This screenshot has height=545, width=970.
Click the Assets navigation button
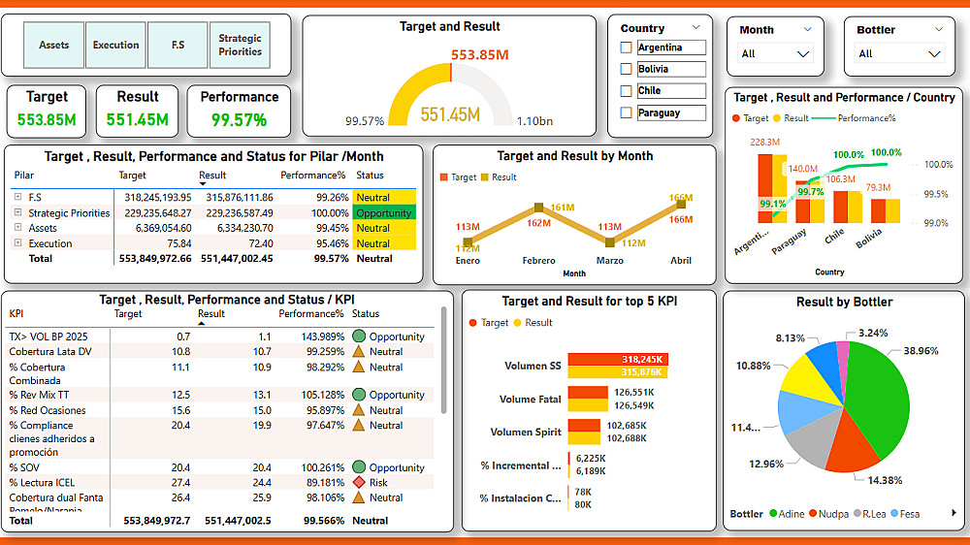pyautogui.click(x=54, y=46)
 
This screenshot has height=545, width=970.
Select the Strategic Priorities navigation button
pyautogui.click(x=240, y=46)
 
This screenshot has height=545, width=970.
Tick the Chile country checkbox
pyautogui.click(x=626, y=91)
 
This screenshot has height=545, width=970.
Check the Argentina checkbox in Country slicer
pyautogui.click(x=626, y=48)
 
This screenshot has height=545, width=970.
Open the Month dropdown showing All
pyautogui.click(x=775, y=54)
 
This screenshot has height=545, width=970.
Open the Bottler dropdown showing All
pyautogui.click(x=892, y=54)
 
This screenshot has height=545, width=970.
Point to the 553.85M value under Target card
pyautogui.click(x=47, y=120)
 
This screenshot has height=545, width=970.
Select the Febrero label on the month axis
pyautogui.click(x=538, y=260)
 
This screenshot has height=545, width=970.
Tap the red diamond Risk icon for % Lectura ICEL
pyautogui.click(x=359, y=482)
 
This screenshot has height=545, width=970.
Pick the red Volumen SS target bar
pyautogui.click(x=618, y=359)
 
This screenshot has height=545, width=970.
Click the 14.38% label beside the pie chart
pyautogui.click(x=885, y=480)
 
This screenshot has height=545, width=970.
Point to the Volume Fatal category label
pyautogui.click(x=530, y=400)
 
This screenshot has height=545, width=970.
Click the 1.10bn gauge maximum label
pyautogui.click(x=534, y=121)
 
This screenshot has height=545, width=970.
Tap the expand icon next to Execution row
pyautogui.click(x=17, y=243)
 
